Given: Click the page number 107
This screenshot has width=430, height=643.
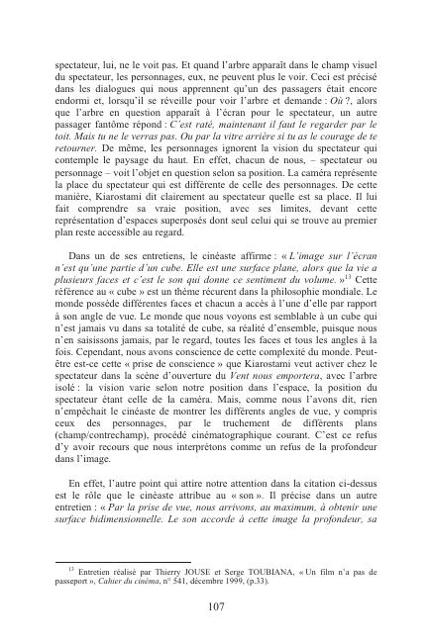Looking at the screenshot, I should click(214, 606).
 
